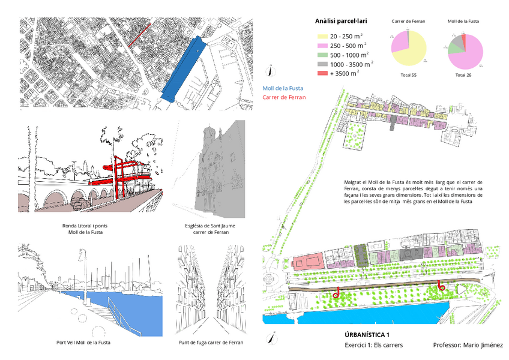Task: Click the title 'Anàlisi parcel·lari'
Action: tap(341, 21)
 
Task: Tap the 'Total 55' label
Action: tap(408, 75)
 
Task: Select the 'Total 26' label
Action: tap(464, 75)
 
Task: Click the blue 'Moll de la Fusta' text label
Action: tap(283, 88)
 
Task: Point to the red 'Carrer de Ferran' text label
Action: tap(285, 97)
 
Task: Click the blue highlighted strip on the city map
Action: tap(185, 69)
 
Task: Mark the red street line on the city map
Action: tap(137, 36)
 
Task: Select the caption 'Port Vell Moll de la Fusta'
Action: tap(83, 343)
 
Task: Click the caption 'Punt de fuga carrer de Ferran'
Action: tap(211, 343)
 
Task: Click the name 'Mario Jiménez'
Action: tap(485, 345)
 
